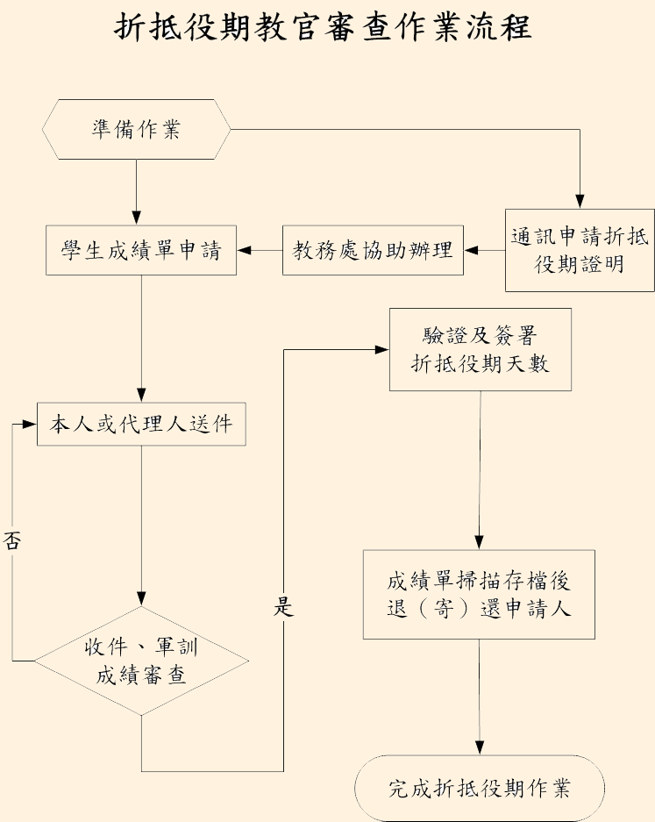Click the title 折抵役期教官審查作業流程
323,26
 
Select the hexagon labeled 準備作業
136,129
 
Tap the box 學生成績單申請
141,250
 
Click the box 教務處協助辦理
373,250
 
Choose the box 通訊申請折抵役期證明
580,250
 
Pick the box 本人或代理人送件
141,424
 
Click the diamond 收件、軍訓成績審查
141,661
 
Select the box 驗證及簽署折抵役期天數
480,350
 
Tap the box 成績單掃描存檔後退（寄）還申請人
479,595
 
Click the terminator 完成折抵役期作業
480,789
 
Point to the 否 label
11,540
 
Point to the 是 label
283,606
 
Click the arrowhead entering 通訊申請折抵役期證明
580,202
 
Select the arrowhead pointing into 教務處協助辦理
471,250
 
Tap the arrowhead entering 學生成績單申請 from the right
244,250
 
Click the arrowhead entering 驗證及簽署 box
382,350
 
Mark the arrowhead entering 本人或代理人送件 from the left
29,424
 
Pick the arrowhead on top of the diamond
141,598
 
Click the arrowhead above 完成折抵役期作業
480,747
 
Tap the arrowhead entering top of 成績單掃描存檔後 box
479,542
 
